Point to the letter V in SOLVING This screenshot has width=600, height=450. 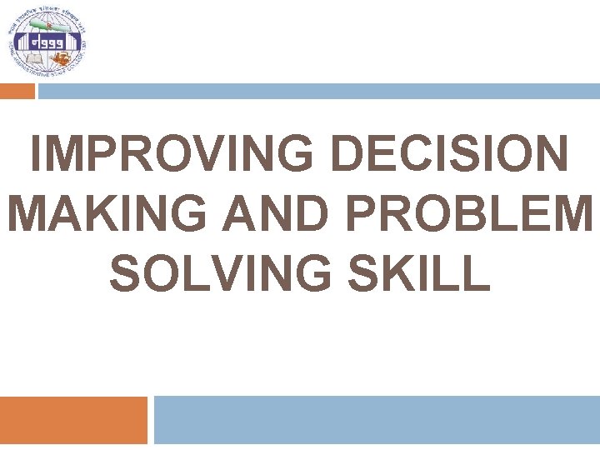click(222, 272)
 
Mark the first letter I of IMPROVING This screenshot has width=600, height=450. click(34, 156)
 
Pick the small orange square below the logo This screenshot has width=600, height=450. click(17, 92)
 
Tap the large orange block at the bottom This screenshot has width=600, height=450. click(72, 420)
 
